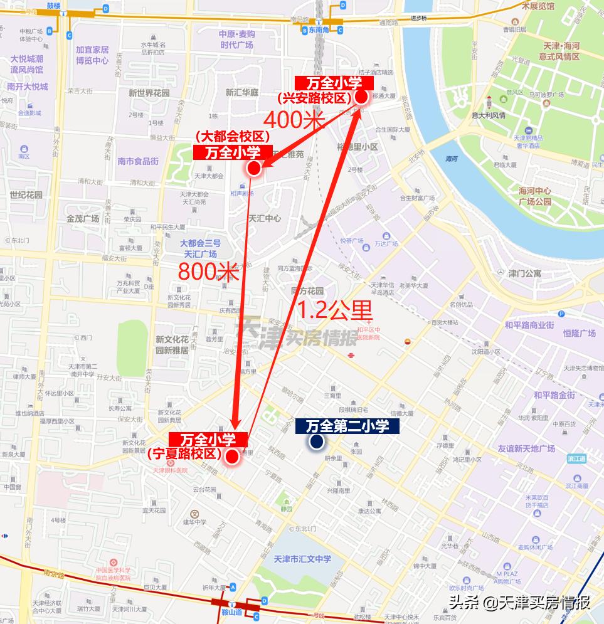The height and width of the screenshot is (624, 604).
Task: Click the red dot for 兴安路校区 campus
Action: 361,97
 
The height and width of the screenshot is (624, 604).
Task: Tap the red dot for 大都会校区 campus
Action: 253,168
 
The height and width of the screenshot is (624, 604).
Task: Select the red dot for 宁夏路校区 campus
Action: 231,457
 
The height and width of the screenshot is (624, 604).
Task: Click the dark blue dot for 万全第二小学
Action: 315,442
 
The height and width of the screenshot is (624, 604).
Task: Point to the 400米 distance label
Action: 294,119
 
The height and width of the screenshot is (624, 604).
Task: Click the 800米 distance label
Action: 208,272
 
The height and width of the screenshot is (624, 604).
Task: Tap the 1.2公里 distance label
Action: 334,310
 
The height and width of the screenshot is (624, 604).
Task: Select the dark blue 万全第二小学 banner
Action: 347,426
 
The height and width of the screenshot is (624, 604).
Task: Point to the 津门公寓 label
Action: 524,273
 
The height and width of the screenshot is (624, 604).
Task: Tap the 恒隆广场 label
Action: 579,333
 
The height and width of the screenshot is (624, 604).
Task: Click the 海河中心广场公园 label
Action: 534,196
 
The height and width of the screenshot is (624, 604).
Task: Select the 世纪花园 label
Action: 26,195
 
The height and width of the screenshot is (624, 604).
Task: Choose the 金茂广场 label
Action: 83,219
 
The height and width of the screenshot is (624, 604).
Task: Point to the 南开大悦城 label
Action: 28,87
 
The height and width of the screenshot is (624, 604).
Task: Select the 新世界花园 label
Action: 149,92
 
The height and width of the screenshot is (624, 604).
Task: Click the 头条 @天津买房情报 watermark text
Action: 519,603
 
